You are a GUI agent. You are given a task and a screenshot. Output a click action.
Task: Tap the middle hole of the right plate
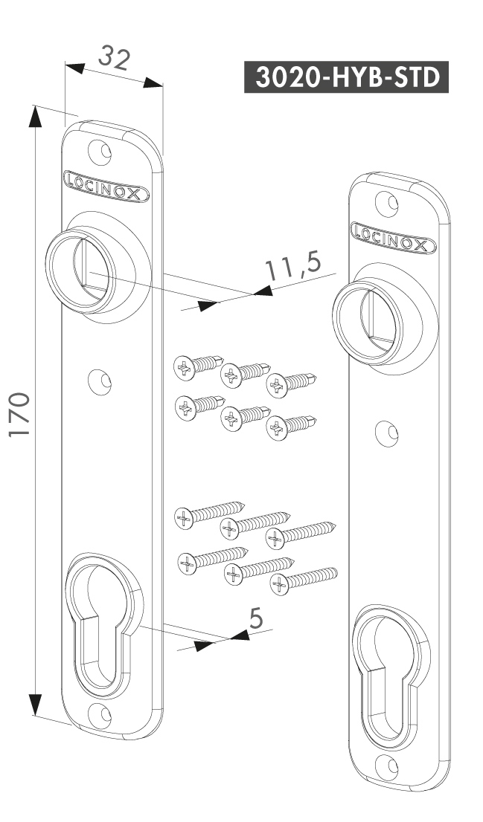[x=385, y=433]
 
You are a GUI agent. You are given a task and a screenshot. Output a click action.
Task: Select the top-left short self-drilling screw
[x=197, y=366]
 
